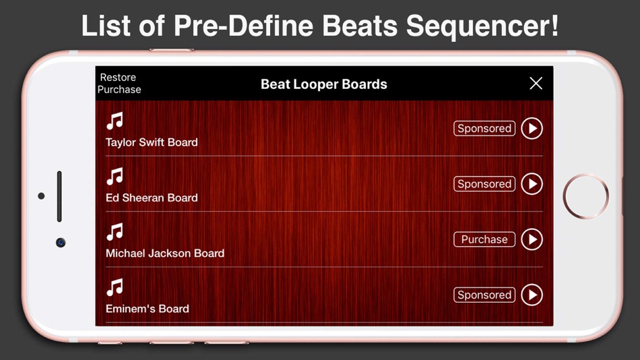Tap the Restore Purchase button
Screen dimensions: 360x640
click(119, 84)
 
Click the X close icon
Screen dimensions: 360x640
click(536, 83)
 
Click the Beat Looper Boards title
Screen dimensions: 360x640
click(323, 84)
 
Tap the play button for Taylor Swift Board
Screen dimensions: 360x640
click(532, 128)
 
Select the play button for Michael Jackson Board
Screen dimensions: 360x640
click(532, 239)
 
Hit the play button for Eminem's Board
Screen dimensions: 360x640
click(532, 295)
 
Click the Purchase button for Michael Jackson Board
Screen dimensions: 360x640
click(484, 239)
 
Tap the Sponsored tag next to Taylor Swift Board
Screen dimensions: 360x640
click(484, 128)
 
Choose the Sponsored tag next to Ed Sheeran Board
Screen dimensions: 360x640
click(484, 184)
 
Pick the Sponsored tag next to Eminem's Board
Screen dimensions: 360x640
click(484, 295)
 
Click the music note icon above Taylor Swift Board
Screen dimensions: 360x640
click(115, 121)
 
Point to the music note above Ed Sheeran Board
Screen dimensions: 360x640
click(115, 177)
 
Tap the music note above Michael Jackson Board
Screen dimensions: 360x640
click(115, 233)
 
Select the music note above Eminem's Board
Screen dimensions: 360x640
click(115, 288)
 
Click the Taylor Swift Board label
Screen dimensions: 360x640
click(152, 142)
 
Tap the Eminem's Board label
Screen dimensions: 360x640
click(147, 309)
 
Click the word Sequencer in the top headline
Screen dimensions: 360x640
click(481, 26)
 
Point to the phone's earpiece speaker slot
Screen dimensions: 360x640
click(59, 196)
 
